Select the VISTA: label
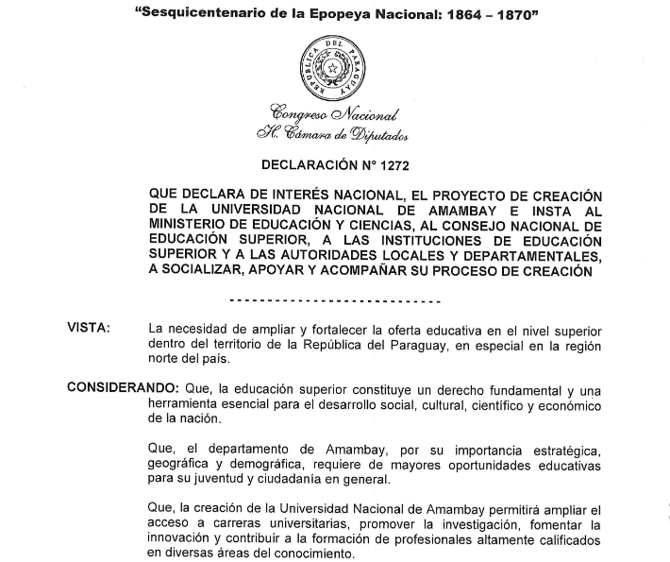pyautogui.click(x=89, y=328)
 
